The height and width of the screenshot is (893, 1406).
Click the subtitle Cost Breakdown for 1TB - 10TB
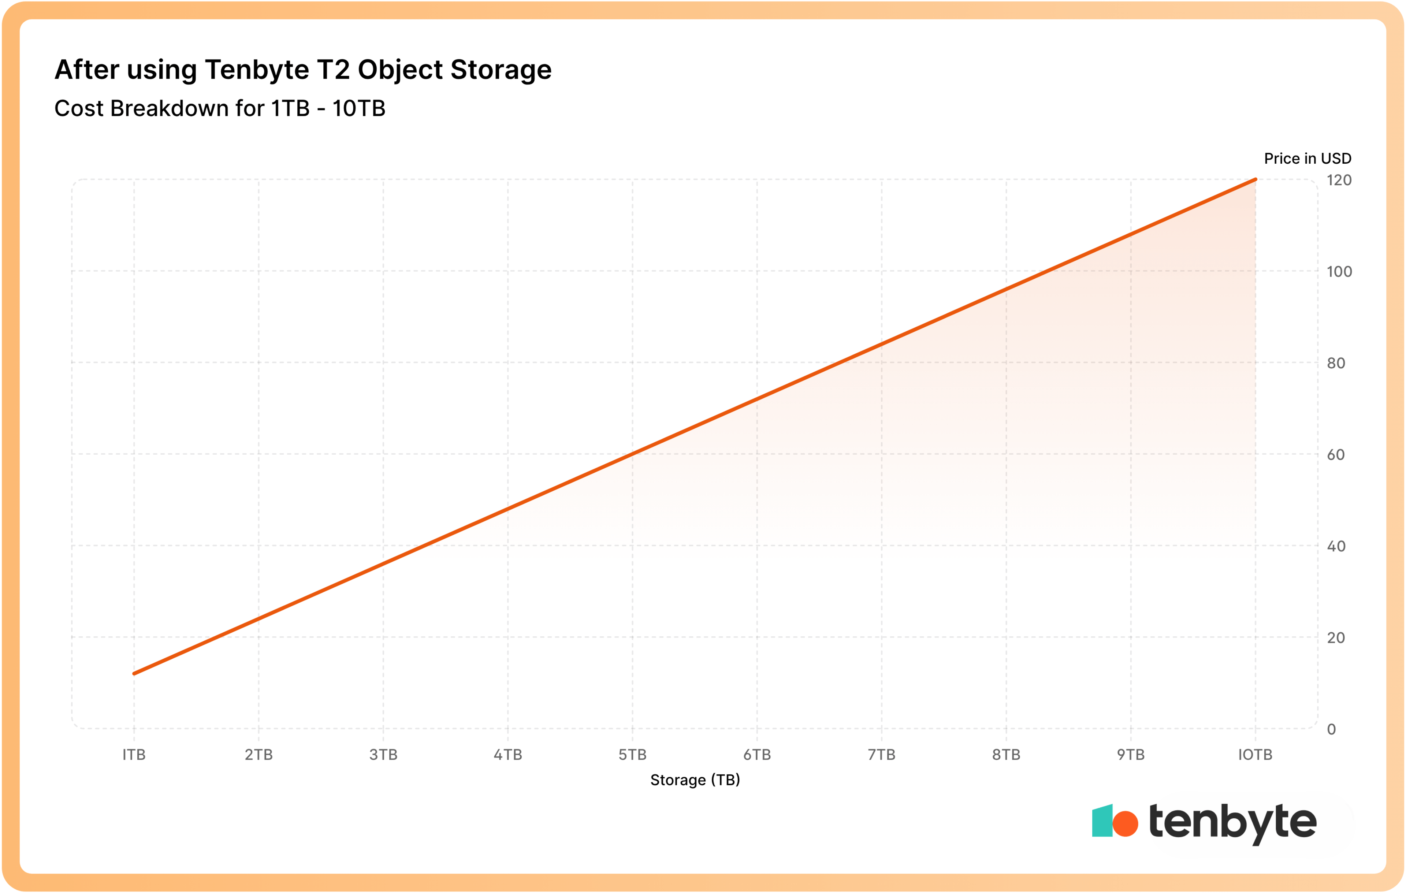220,109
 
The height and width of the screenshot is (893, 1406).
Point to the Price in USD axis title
1307,158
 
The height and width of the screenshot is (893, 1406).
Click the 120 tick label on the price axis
1339,181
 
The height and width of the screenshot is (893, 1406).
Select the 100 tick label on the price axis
1339,272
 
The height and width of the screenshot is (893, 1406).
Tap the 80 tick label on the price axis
1336,363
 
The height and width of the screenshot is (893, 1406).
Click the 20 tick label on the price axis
1336,638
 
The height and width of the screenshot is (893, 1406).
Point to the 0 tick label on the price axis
1331,729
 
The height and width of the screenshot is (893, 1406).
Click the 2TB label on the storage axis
258,755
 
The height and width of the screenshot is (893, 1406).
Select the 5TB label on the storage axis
632,755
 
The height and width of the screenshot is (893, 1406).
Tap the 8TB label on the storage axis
1006,755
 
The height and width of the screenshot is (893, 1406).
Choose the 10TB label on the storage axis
1256,755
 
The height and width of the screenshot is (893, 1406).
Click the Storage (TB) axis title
695,780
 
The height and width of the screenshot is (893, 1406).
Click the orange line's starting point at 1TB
134,673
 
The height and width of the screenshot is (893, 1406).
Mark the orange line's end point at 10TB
1256,180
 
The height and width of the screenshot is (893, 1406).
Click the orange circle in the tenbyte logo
1125,823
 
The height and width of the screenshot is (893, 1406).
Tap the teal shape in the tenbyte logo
1102,821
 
